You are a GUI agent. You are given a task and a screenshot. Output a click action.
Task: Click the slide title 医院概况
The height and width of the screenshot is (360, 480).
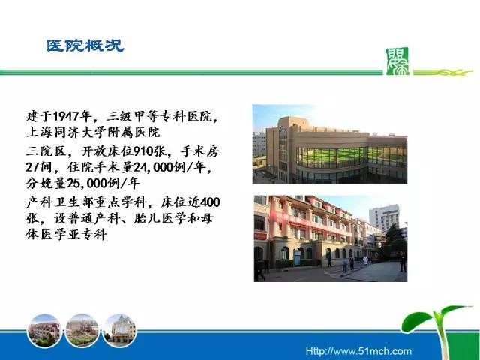tap(85, 46)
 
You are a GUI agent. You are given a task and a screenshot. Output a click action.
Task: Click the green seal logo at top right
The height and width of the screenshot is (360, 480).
tap(397, 61)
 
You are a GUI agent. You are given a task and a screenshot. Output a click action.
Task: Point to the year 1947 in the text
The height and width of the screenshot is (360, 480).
tap(66, 116)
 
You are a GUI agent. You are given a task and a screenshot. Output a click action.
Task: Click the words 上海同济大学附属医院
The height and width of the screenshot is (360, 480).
tap(93, 133)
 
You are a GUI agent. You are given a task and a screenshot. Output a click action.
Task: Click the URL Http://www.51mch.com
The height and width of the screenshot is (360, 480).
tap(358, 351)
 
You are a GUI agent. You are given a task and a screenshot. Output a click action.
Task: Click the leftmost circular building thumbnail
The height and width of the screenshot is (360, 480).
tap(44, 331)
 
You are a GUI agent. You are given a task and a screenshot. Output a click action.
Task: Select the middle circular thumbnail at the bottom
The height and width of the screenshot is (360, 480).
tap(82, 331)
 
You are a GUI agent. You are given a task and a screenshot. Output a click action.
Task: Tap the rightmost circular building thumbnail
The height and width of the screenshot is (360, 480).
tap(120, 331)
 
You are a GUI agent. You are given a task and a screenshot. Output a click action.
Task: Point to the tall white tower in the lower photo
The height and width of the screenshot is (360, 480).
tap(385, 217)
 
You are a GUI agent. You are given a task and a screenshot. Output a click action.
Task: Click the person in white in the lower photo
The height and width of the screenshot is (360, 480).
tap(365, 261)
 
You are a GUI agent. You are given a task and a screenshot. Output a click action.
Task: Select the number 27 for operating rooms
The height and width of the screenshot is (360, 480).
tap(31, 167)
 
